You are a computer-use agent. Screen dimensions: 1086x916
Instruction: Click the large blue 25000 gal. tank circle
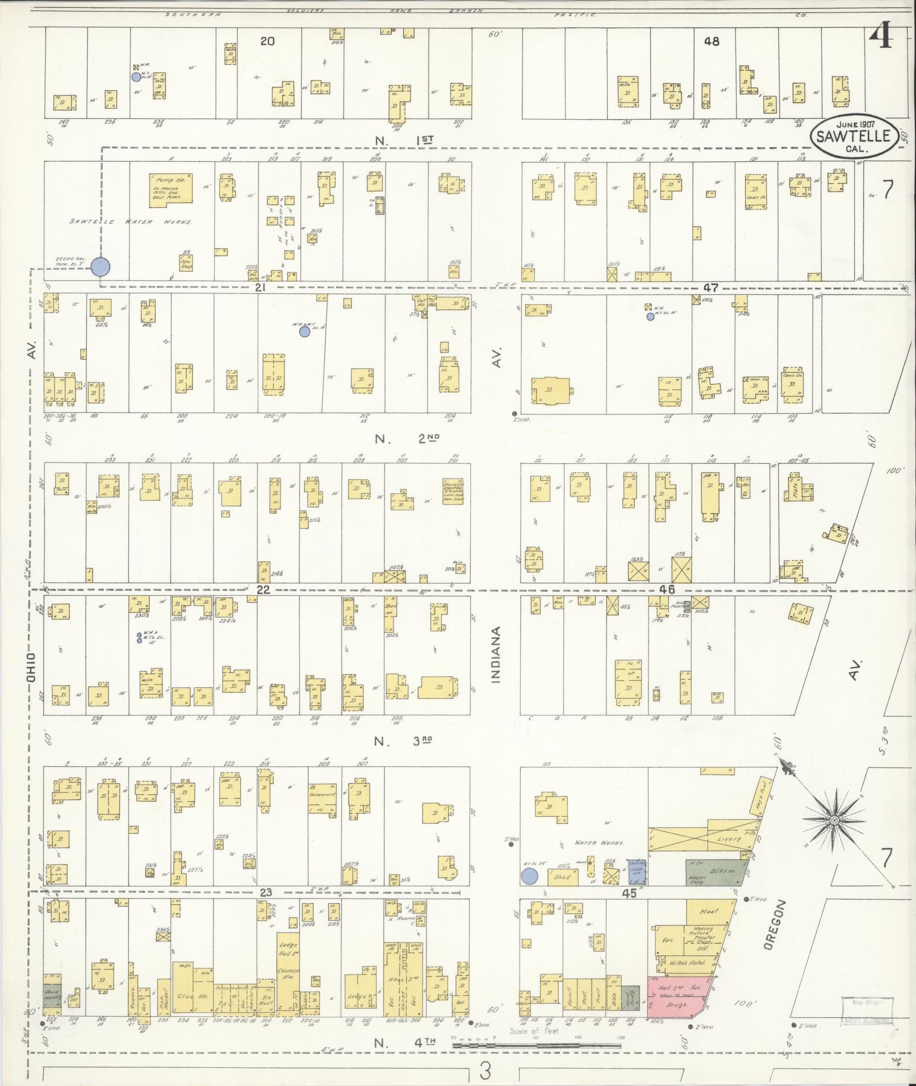[101, 266]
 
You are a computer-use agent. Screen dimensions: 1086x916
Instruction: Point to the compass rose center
[834, 821]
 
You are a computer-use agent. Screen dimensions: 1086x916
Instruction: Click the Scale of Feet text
[534, 1031]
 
